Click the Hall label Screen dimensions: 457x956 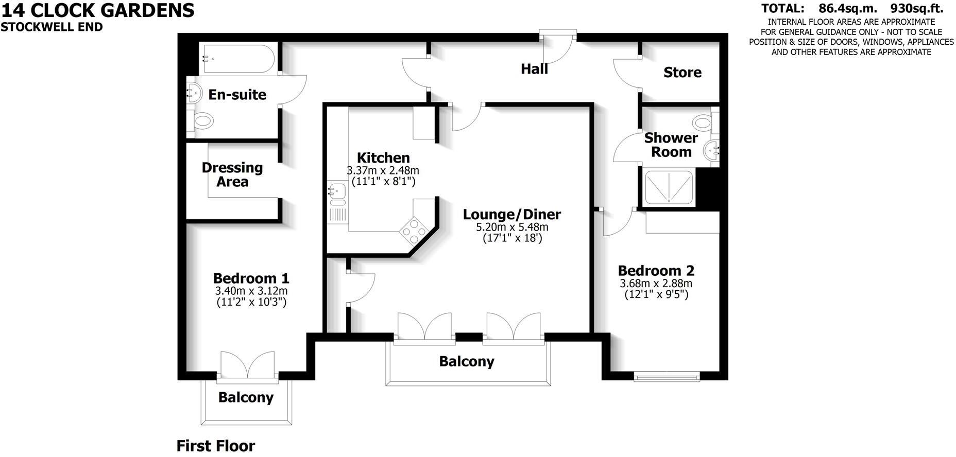pos(534,69)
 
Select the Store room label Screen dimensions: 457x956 pos(682,73)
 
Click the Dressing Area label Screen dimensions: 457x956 pos(232,174)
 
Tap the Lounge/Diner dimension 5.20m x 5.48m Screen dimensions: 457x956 pos(512,227)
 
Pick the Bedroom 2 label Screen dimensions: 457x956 pos(656,271)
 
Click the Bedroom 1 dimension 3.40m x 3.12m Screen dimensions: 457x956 pos(251,291)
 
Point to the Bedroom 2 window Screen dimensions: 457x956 pos(667,377)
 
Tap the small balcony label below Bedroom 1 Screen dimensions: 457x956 pos(246,397)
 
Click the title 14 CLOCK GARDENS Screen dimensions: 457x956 pos(98,10)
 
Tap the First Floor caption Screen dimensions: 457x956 pos(216,446)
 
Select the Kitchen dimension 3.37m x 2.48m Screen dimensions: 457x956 pos(383,170)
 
